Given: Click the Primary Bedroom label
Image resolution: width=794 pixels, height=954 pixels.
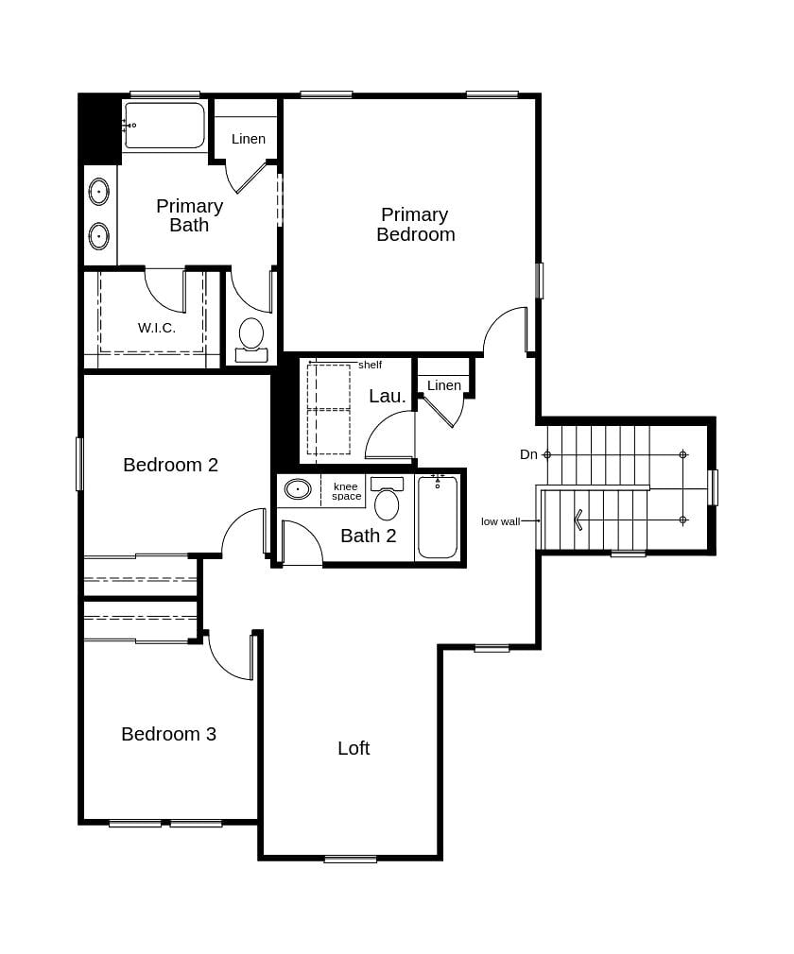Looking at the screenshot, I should click(x=415, y=225).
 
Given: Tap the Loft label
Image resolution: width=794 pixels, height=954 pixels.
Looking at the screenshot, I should click(x=354, y=748).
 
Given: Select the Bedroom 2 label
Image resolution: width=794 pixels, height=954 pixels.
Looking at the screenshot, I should click(x=170, y=465).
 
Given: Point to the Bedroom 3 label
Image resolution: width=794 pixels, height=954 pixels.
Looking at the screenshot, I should click(x=168, y=734).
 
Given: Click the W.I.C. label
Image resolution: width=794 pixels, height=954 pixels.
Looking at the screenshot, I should click(x=157, y=328).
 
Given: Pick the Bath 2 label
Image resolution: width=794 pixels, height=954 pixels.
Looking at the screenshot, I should click(x=368, y=536).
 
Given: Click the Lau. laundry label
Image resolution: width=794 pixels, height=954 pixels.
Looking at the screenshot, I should click(x=387, y=396).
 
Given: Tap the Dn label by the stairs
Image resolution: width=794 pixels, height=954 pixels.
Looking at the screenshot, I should click(x=528, y=454).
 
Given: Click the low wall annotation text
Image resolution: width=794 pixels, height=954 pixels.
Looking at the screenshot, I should click(x=500, y=521).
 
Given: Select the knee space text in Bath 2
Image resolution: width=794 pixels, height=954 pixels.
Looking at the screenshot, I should click(x=346, y=491).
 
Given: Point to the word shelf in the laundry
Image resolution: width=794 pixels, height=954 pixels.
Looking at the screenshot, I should click(x=370, y=365).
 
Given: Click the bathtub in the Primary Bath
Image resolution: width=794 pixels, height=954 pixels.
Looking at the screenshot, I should click(x=164, y=127).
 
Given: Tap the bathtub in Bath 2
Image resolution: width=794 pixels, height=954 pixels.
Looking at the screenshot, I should click(x=437, y=519).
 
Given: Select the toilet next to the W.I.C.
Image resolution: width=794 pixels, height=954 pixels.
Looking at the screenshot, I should click(x=251, y=337).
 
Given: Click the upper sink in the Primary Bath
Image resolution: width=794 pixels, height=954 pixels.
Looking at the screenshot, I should click(x=99, y=192).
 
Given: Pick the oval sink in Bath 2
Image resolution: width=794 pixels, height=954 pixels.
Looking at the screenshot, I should click(x=298, y=489).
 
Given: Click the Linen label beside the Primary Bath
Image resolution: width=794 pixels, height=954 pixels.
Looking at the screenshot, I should click(x=249, y=139).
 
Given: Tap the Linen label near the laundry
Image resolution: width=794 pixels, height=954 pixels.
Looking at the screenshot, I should click(x=443, y=385).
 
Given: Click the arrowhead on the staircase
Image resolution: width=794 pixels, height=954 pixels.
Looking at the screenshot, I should click(x=578, y=520).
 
